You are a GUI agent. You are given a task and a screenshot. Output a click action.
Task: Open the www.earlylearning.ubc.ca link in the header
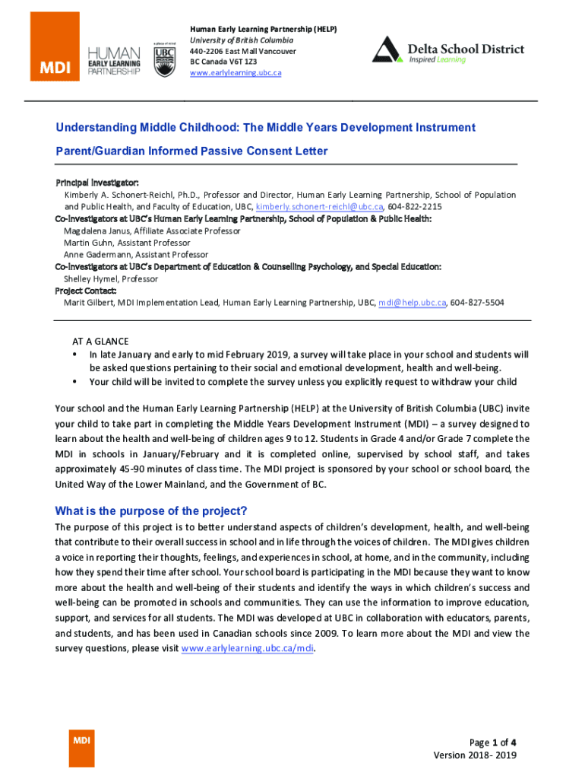click(x=236, y=73)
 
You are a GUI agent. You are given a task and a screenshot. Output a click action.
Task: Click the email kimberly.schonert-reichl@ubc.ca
click(x=319, y=207)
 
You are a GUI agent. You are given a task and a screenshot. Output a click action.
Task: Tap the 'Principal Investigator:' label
click(x=97, y=183)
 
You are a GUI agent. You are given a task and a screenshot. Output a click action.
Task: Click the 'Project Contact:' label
click(x=86, y=291)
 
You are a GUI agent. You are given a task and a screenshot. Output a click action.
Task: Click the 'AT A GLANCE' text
click(x=100, y=342)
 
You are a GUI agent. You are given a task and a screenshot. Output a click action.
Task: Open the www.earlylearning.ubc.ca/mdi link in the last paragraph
click(x=248, y=649)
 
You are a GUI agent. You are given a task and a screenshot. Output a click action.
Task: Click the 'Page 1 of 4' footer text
click(x=493, y=742)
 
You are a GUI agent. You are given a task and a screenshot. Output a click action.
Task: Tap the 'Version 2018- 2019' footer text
click(x=475, y=755)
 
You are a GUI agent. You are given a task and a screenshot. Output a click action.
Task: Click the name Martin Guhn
click(x=88, y=243)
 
